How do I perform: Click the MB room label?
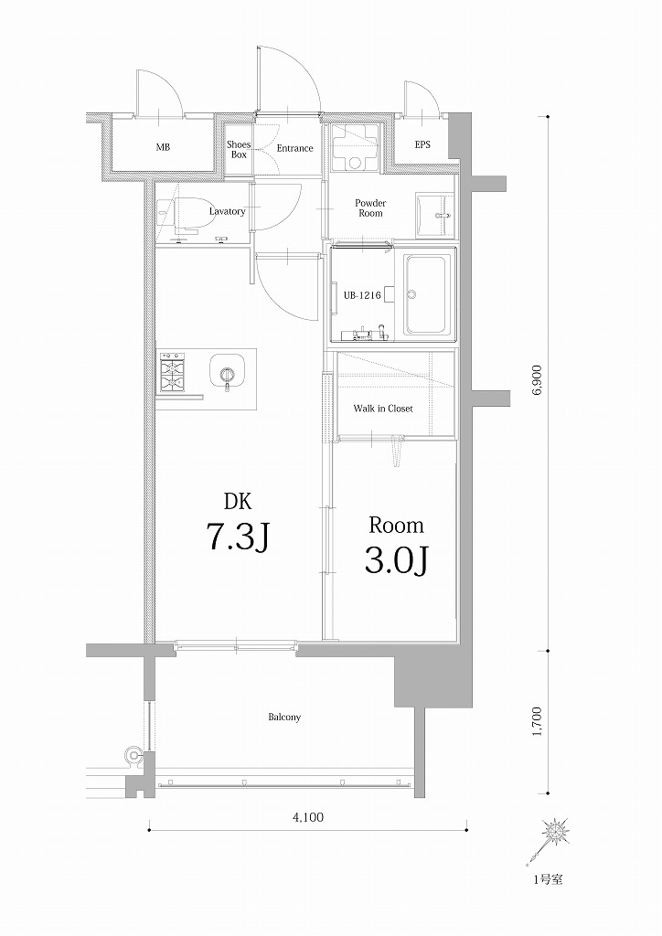(162, 147)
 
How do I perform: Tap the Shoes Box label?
(239, 149)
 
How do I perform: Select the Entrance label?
(294, 148)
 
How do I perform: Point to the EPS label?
(422, 145)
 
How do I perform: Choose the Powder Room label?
(370, 207)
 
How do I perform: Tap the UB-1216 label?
(362, 294)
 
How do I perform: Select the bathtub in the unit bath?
(426, 293)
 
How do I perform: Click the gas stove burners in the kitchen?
(173, 372)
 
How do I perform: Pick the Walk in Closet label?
(383, 409)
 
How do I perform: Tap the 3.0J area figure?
(397, 559)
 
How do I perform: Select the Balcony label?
(284, 718)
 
